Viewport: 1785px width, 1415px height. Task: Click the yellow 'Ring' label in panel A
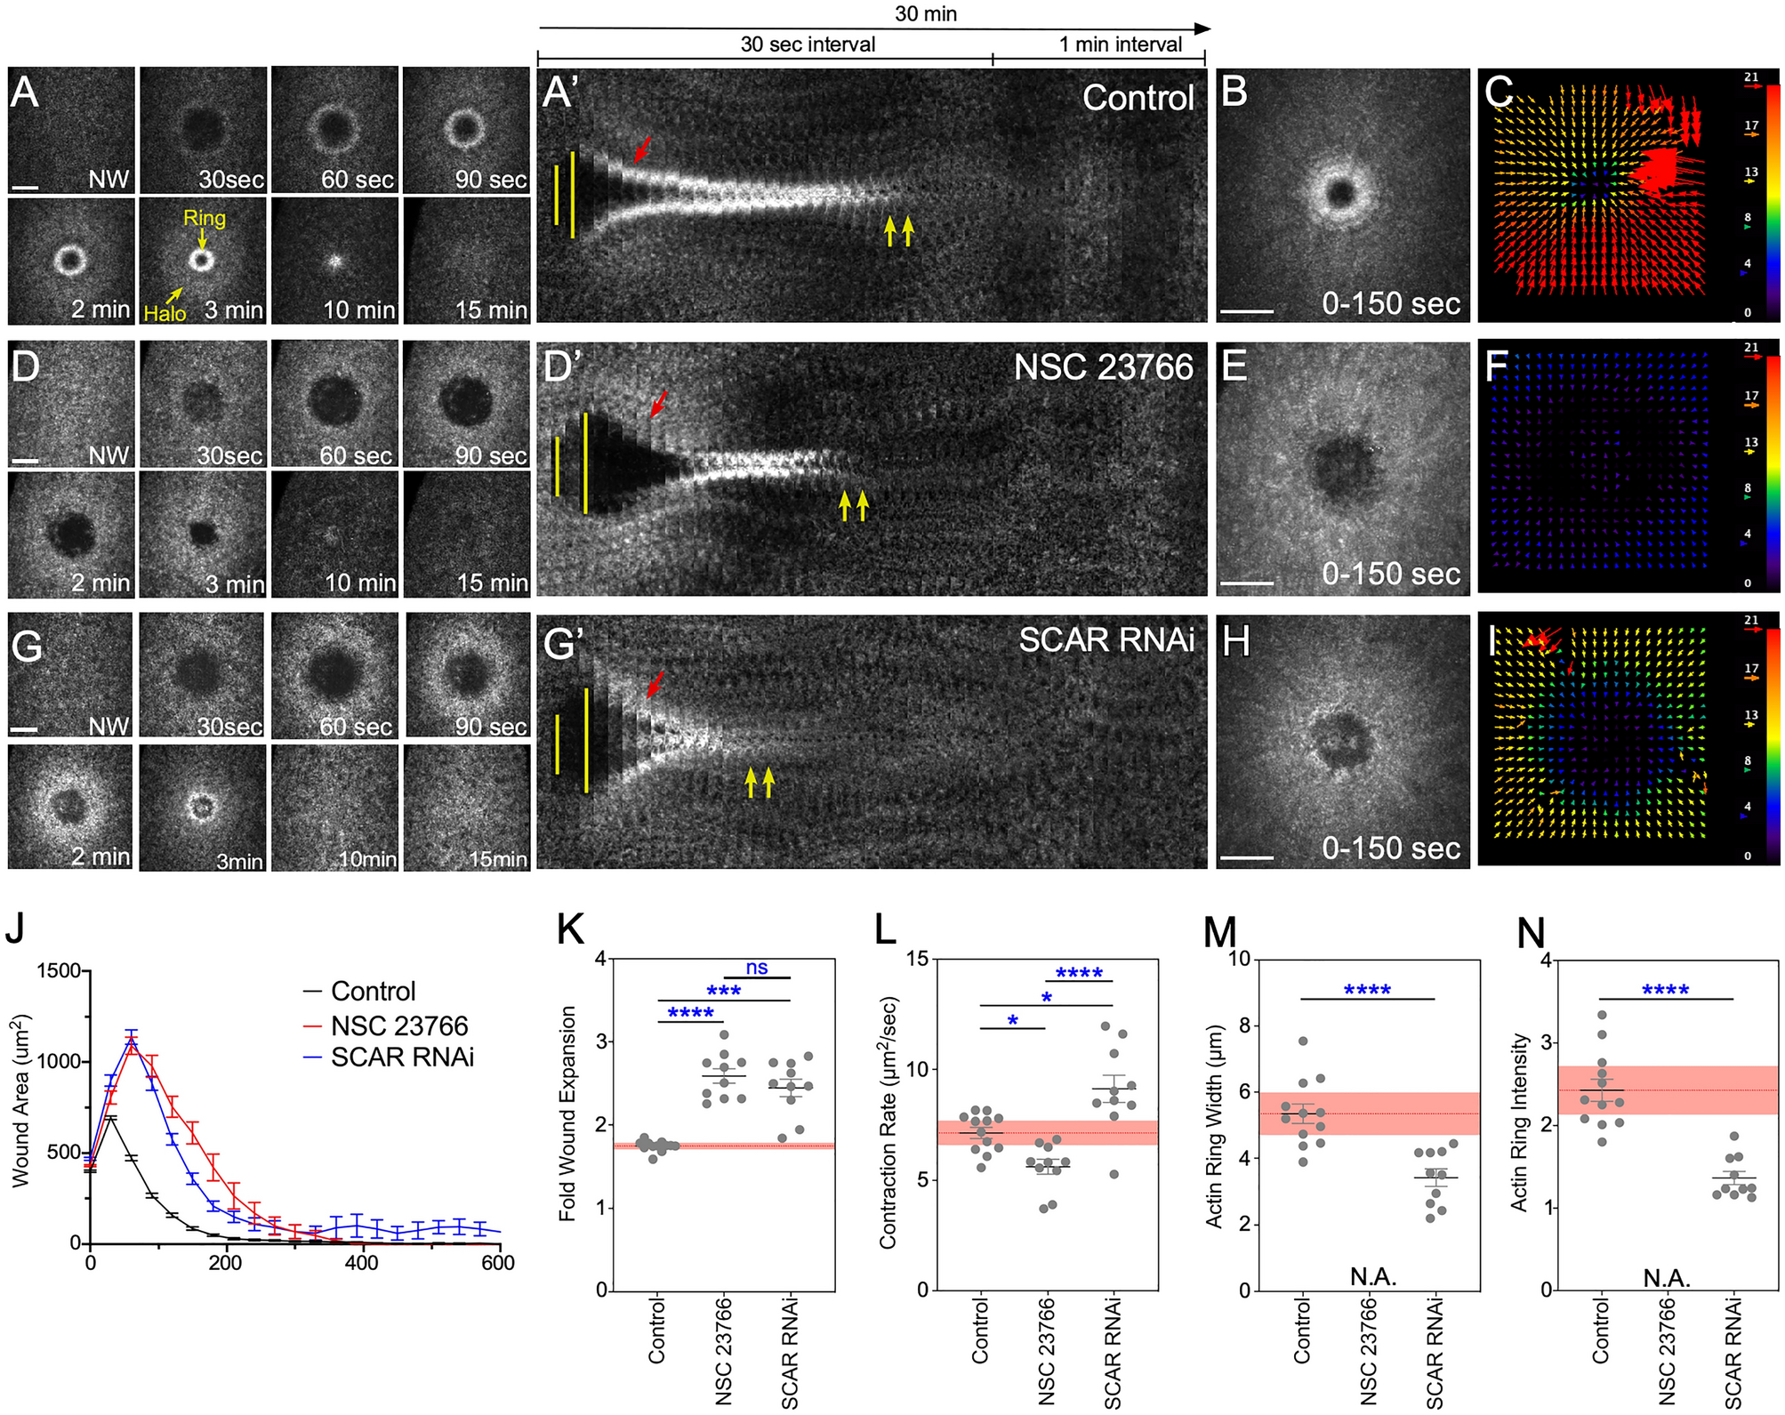[x=204, y=218]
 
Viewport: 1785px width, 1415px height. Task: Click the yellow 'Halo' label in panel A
[x=165, y=313]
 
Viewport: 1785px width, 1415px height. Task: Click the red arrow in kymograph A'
[x=642, y=149]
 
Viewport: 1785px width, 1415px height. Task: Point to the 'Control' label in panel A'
[x=1138, y=98]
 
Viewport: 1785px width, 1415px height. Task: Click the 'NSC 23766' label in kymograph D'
[x=1103, y=367]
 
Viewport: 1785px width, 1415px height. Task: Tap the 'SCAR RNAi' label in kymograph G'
[x=1106, y=639]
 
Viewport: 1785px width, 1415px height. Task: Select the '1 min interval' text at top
[x=1120, y=44]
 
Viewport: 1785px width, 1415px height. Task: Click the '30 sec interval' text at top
[x=808, y=44]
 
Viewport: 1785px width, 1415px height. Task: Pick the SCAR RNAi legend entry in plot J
[x=402, y=1057]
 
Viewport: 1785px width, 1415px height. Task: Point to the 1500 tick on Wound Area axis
[x=59, y=971]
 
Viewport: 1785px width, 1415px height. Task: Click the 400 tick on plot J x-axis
[x=361, y=1263]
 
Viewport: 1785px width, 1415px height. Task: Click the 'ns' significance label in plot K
[x=757, y=968]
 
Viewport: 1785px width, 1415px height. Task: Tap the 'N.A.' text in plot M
[x=1372, y=1277]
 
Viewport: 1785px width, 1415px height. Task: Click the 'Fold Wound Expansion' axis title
[x=567, y=1114]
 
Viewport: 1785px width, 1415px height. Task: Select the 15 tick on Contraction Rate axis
[x=917, y=959]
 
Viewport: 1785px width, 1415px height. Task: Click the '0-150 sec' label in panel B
[x=1390, y=304]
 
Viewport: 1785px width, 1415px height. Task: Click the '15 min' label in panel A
[x=491, y=310]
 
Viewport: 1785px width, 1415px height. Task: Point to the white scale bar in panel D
[x=26, y=461]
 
